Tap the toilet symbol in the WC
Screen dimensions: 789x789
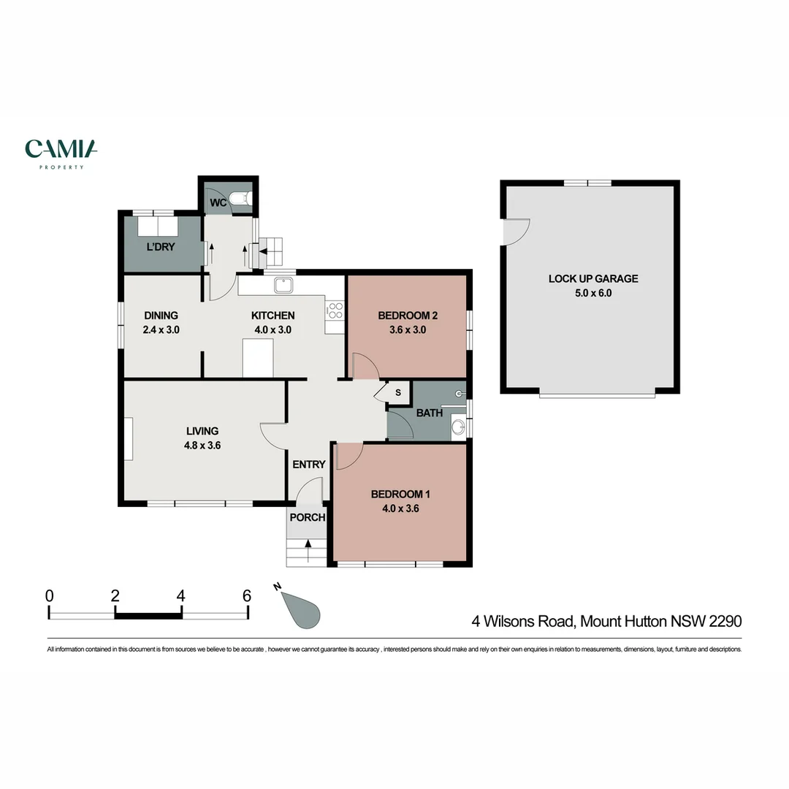coord(241,199)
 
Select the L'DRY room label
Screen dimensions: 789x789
coord(161,247)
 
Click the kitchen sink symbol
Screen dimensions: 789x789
coord(283,285)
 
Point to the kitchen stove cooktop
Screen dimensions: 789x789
coord(335,310)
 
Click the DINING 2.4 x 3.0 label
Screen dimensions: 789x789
coord(161,322)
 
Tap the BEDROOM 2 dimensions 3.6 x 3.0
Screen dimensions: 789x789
coord(407,329)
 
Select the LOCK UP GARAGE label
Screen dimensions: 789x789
coord(593,278)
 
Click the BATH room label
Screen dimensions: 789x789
coord(430,413)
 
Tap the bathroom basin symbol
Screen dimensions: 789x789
coord(457,427)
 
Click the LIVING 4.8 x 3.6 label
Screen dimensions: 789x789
coord(202,437)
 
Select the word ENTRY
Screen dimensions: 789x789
coord(309,465)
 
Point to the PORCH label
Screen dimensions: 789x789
coord(307,517)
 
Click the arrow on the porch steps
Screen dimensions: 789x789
coord(308,544)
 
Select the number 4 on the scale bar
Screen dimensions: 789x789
coord(180,595)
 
